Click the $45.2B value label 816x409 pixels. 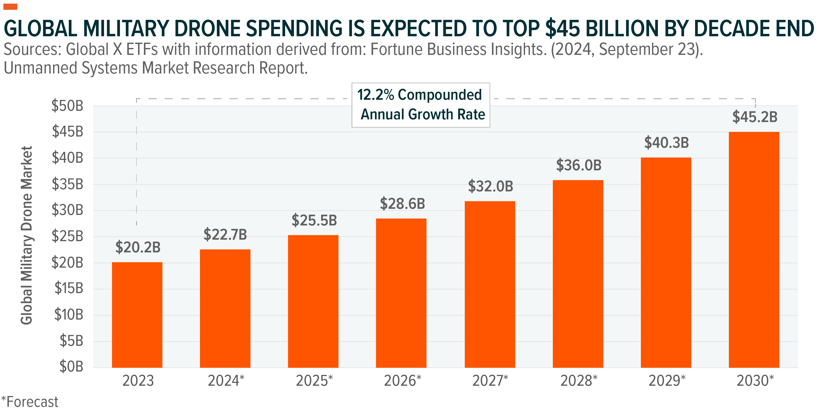[x=755, y=117]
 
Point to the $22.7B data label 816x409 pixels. [x=225, y=235]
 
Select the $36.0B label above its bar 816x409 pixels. [x=578, y=165]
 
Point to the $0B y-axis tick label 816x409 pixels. [x=71, y=367]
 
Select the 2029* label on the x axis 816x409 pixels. [x=667, y=381]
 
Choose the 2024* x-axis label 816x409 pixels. [x=226, y=381]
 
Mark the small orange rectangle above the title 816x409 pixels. [x=10, y=7]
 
